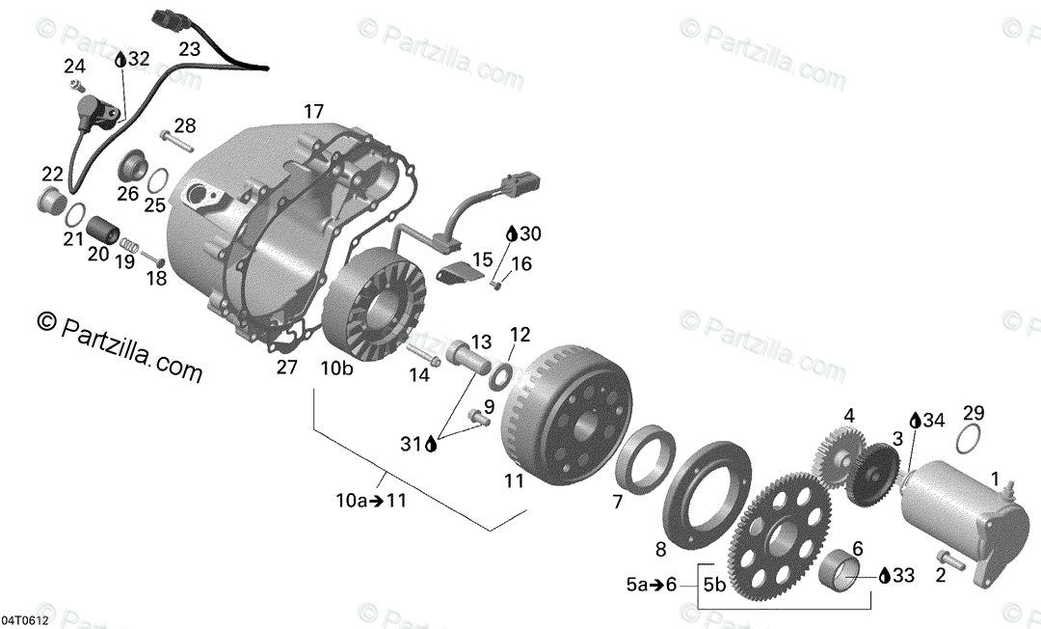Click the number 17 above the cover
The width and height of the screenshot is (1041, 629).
coord(313,111)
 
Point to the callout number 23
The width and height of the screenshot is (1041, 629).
coord(189,48)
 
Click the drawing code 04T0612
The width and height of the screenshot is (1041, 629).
coord(26,618)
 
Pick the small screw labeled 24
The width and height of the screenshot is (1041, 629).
coord(78,87)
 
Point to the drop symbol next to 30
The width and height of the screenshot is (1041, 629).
coord(511,233)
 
